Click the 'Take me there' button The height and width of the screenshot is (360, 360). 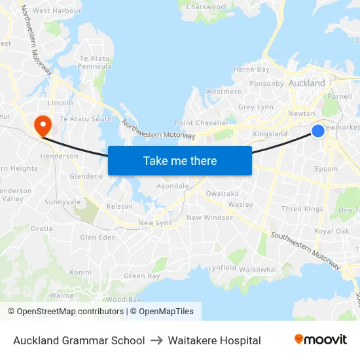coord(179,160)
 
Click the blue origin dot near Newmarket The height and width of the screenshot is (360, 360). coord(317,131)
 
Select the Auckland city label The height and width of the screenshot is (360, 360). coord(306,83)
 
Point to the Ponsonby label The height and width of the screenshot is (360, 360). coord(266,84)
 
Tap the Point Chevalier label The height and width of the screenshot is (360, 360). coord(202,123)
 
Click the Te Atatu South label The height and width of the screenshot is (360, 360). coord(86,119)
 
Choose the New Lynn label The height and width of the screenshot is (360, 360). coord(154,223)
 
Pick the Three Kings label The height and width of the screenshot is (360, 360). coord(302,209)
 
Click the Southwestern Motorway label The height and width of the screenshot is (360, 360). coord(306,251)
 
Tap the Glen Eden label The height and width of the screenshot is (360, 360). coord(98,238)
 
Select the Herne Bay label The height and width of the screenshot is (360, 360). coord(251,69)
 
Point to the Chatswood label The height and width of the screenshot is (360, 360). coord(206,7)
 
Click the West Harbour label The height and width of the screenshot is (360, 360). coord(56,11)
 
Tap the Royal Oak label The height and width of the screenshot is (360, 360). coord(331,231)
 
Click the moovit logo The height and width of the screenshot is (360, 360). coord(320,339)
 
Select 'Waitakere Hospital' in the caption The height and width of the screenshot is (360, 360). coord(214,340)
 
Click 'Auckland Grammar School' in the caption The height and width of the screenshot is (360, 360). coord(79,340)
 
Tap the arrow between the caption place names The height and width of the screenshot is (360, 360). coord(156,340)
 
